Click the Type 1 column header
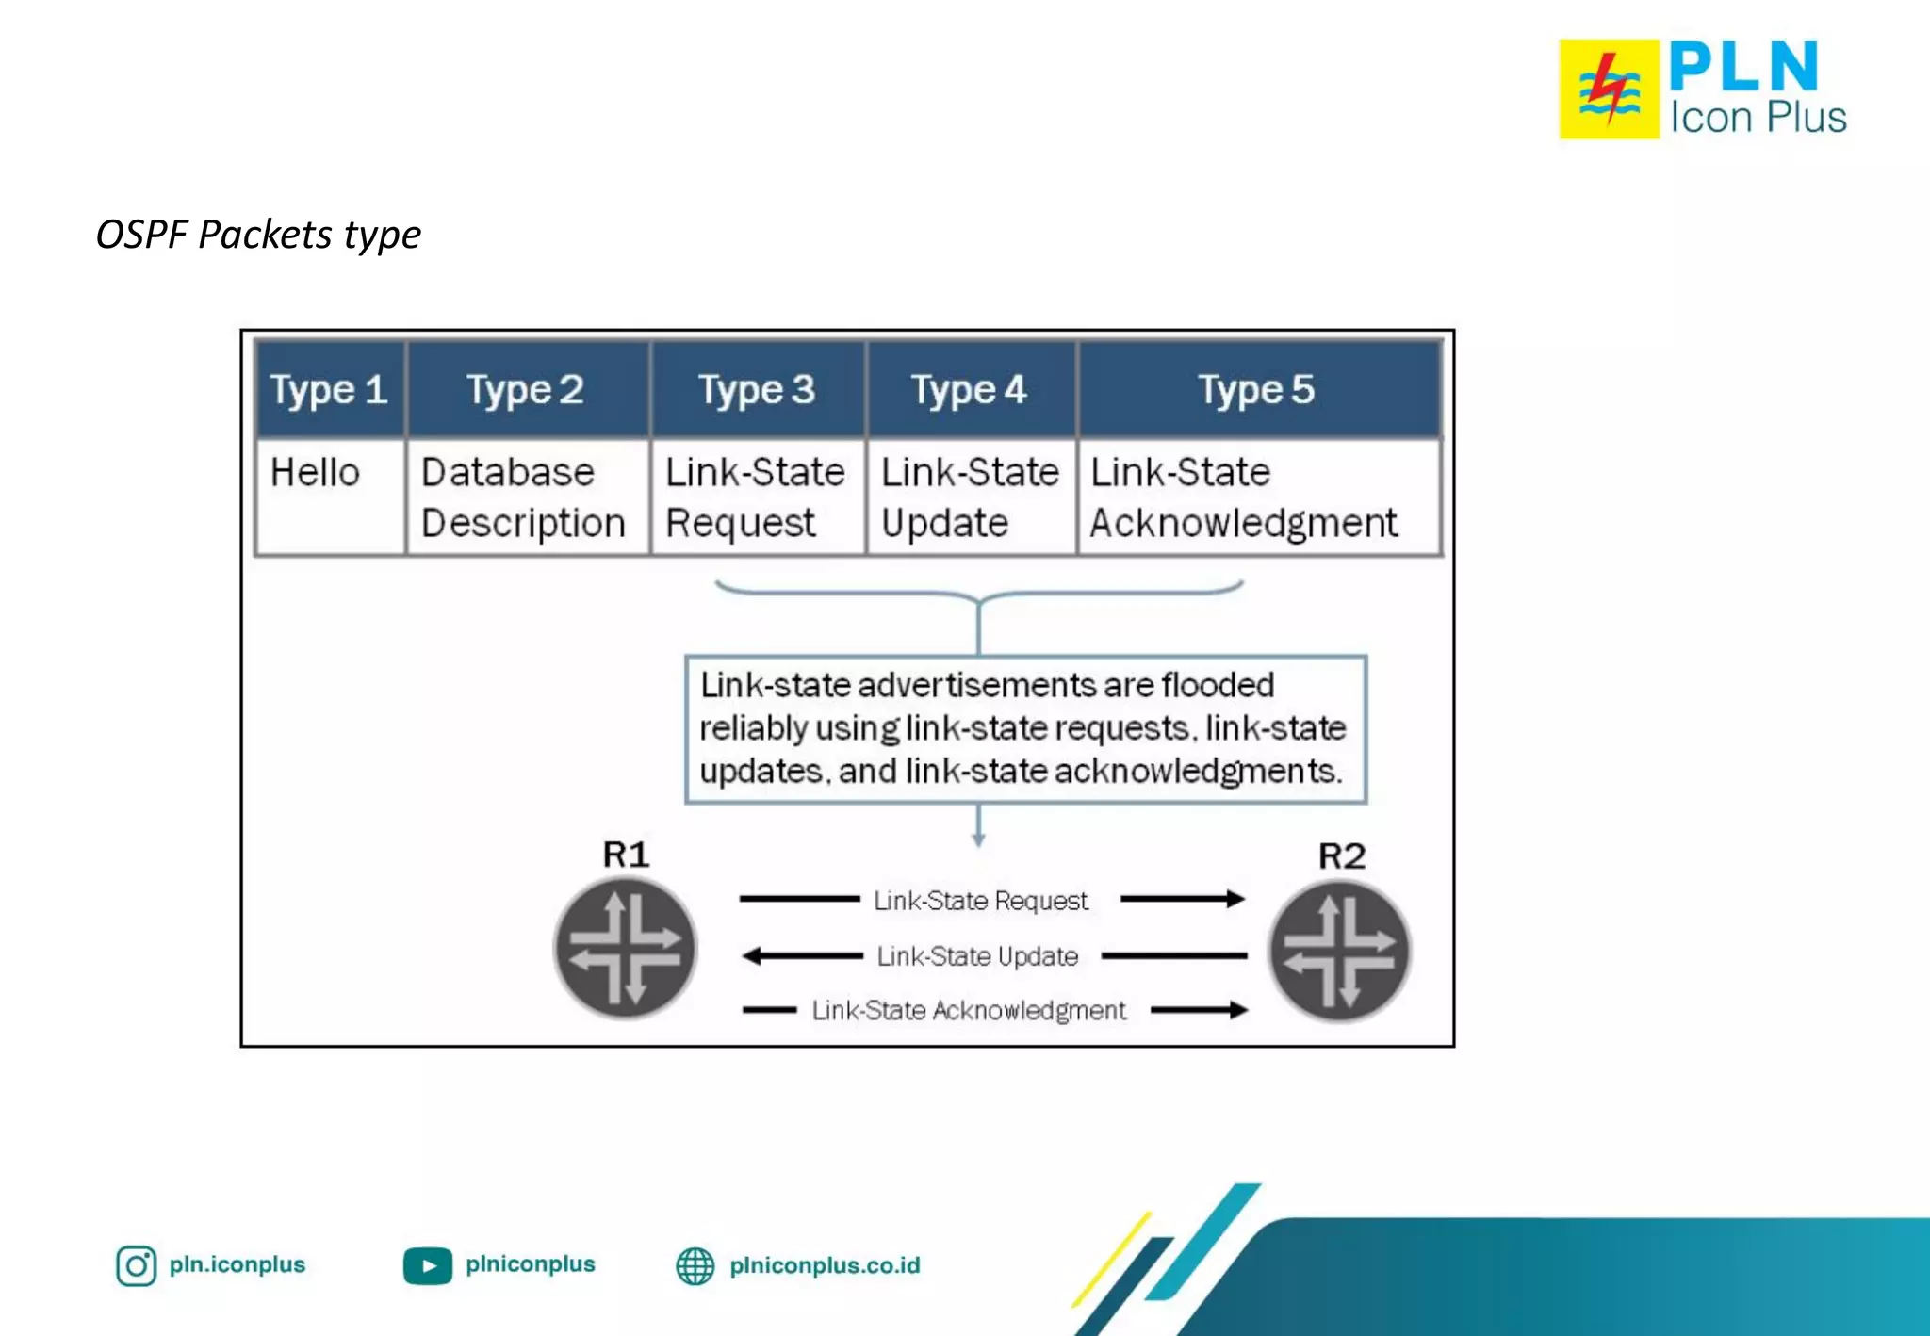click(x=329, y=389)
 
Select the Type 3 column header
click(x=757, y=389)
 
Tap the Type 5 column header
click(x=1257, y=389)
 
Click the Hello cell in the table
click(x=316, y=472)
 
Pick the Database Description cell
click(x=523, y=497)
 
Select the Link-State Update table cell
click(x=970, y=497)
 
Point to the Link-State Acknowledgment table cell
click(x=1244, y=497)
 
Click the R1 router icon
click(x=626, y=948)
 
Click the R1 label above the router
click(x=626, y=855)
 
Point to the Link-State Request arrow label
click(x=981, y=901)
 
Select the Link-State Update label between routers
click(x=977, y=956)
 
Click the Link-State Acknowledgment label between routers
click(x=969, y=1010)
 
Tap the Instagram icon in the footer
click(x=137, y=1265)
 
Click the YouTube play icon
click(x=428, y=1265)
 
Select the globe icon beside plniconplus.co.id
click(x=695, y=1265)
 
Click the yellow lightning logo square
click(x=1609, y=90)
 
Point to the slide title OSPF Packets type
click(x=258, y=234)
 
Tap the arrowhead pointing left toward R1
click(x=752, y=956)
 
